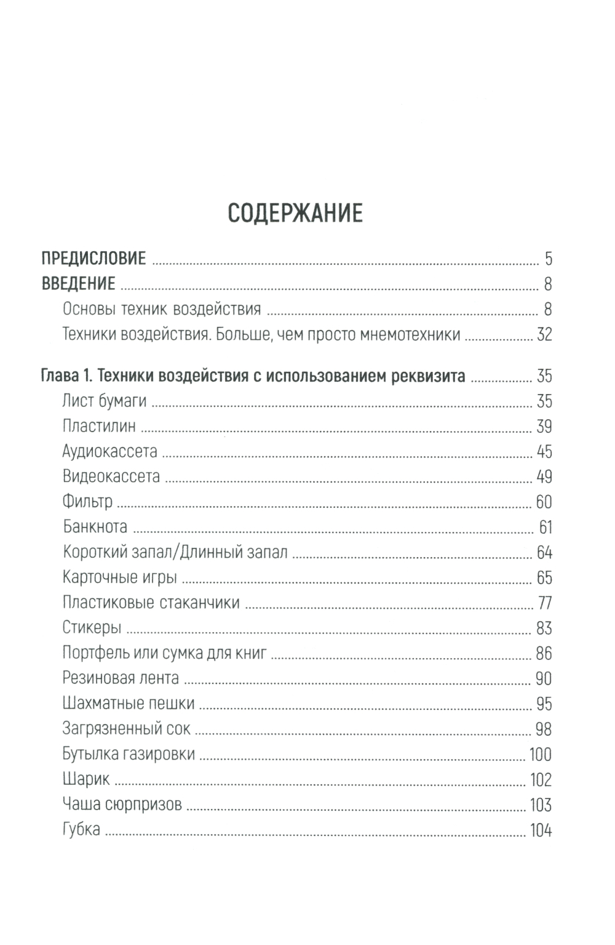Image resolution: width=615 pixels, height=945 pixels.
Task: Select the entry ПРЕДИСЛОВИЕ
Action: tap(93, 258)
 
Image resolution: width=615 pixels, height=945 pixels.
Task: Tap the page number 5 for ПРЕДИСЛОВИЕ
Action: tap(548, 259)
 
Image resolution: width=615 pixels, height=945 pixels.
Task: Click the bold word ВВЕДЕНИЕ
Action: tap(78, 284)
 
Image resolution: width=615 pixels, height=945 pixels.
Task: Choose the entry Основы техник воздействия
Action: tap(162, 309)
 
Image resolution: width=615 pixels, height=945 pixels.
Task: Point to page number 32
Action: tap(544, 334)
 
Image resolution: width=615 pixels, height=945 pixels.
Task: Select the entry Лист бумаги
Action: tap(105, 401)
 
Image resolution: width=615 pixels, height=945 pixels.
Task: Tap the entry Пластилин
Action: tap(99, 427)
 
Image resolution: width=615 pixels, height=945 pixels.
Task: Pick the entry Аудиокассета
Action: tap(110, 452)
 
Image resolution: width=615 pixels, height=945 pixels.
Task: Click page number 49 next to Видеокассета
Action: tap(544, 477)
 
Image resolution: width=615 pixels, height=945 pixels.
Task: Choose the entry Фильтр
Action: tap(88, 502)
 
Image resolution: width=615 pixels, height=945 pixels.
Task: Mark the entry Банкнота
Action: tap(95, 527)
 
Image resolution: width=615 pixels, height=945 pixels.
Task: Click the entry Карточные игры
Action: tap(120, 577)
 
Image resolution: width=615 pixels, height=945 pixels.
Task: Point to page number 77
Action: tap(544, 603)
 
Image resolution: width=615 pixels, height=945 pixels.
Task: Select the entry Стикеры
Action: tap(92, 628)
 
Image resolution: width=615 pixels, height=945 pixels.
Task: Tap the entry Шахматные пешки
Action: tap(129, 704)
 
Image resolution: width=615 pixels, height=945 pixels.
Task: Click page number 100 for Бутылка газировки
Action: tap(541, 755)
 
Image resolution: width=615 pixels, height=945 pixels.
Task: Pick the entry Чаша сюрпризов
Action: tap(122, 805)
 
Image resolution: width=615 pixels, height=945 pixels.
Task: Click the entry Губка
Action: tap(81, 830)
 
